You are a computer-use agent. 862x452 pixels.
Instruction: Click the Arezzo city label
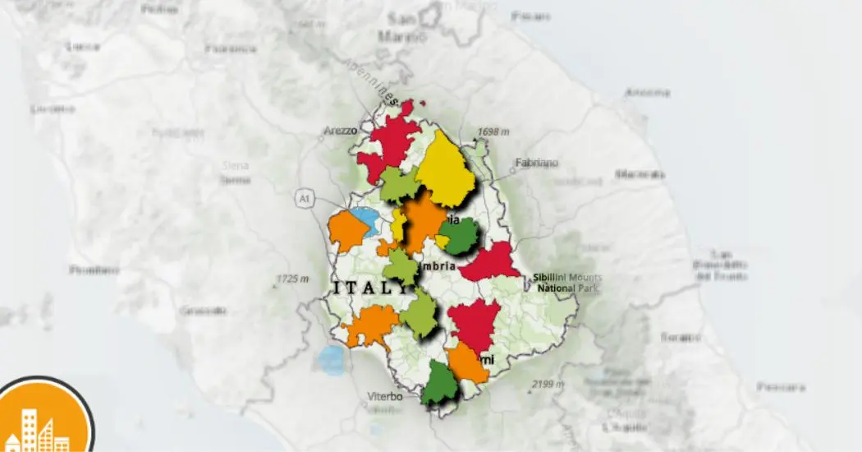tap(339, 130)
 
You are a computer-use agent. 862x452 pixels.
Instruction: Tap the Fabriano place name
tap(536, 163)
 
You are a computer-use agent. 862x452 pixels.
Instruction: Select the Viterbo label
tap(384, 397)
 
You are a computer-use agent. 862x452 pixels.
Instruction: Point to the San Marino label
tap(402, 29)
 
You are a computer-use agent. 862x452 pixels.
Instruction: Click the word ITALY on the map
tap(369, 288)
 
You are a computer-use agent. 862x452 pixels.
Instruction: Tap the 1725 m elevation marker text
tap(292, 279)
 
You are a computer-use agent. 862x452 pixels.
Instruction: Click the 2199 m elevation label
tap(548, 384)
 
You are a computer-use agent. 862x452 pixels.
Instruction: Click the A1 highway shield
tap(304, 198)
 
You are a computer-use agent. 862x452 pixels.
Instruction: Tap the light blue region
tap(362, 219)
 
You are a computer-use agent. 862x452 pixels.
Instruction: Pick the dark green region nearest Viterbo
tap(439, 384)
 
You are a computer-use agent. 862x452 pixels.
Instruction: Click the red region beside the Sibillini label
tap(490, 263)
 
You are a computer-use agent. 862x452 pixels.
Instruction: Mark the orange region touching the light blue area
tap(344, 233)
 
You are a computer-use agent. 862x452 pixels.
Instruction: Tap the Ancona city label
tap(646, 92)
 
